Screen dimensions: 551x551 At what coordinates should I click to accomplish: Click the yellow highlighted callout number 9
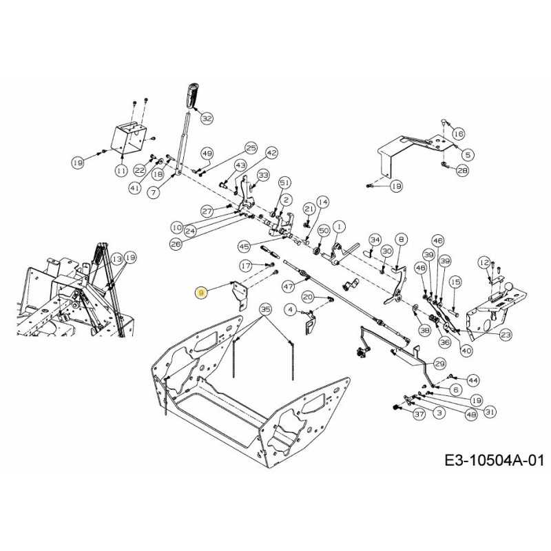tap(201, 293)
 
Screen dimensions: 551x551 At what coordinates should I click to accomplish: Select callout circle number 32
tap(207, 118)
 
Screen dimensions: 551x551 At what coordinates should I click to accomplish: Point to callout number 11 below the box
tap(121, 169)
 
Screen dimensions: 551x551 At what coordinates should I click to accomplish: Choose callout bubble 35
tap(264, 309)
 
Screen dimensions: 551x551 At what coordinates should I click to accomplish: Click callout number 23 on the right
tap(506, 334)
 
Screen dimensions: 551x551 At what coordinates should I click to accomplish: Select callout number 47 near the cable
tap(288, 286)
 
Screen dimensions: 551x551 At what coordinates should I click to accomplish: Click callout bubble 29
tap(439, 363)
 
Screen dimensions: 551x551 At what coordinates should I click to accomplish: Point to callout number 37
tap(418, 414)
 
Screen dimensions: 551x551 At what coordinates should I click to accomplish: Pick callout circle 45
tap(244, 246)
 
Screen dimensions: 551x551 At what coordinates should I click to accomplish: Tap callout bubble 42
tap(271, 152)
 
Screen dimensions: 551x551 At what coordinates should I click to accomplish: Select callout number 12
tap(484, 262)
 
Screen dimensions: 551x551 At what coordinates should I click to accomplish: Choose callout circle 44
tap(472, 380)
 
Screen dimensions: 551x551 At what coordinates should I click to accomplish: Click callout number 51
tap(284, 182)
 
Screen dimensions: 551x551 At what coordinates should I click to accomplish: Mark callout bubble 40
tap(466, 350)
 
